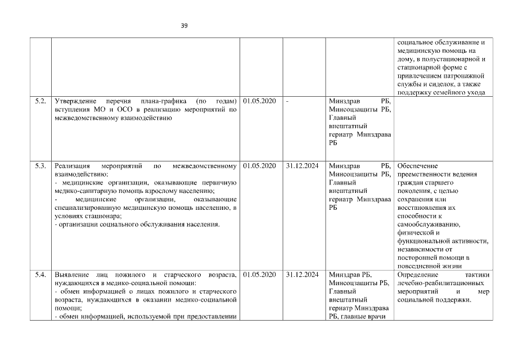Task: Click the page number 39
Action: tap(184, 25)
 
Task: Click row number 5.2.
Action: tap(40, 101)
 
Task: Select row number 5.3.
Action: tap(40, 166)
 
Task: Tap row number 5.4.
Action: tap(40, 274)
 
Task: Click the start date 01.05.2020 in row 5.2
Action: tap(260, 101)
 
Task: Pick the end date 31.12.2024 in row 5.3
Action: tap(303, 166)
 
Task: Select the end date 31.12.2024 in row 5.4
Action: tap(303, 274)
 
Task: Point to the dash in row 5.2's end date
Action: tap(287, 101)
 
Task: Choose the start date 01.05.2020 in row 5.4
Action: tap(260, 274)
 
